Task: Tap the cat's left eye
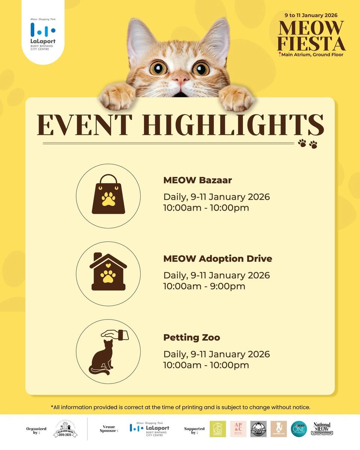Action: coord(159,68)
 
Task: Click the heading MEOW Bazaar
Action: coord(198,180)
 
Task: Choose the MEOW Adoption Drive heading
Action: coord(217,259)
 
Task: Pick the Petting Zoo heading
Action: coord(192,337)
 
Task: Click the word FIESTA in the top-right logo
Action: coord(311,44)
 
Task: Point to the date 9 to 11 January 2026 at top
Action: coord(311,15)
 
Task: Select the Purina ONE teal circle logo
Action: coord(299,429)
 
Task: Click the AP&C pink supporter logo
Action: coord(238,429)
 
